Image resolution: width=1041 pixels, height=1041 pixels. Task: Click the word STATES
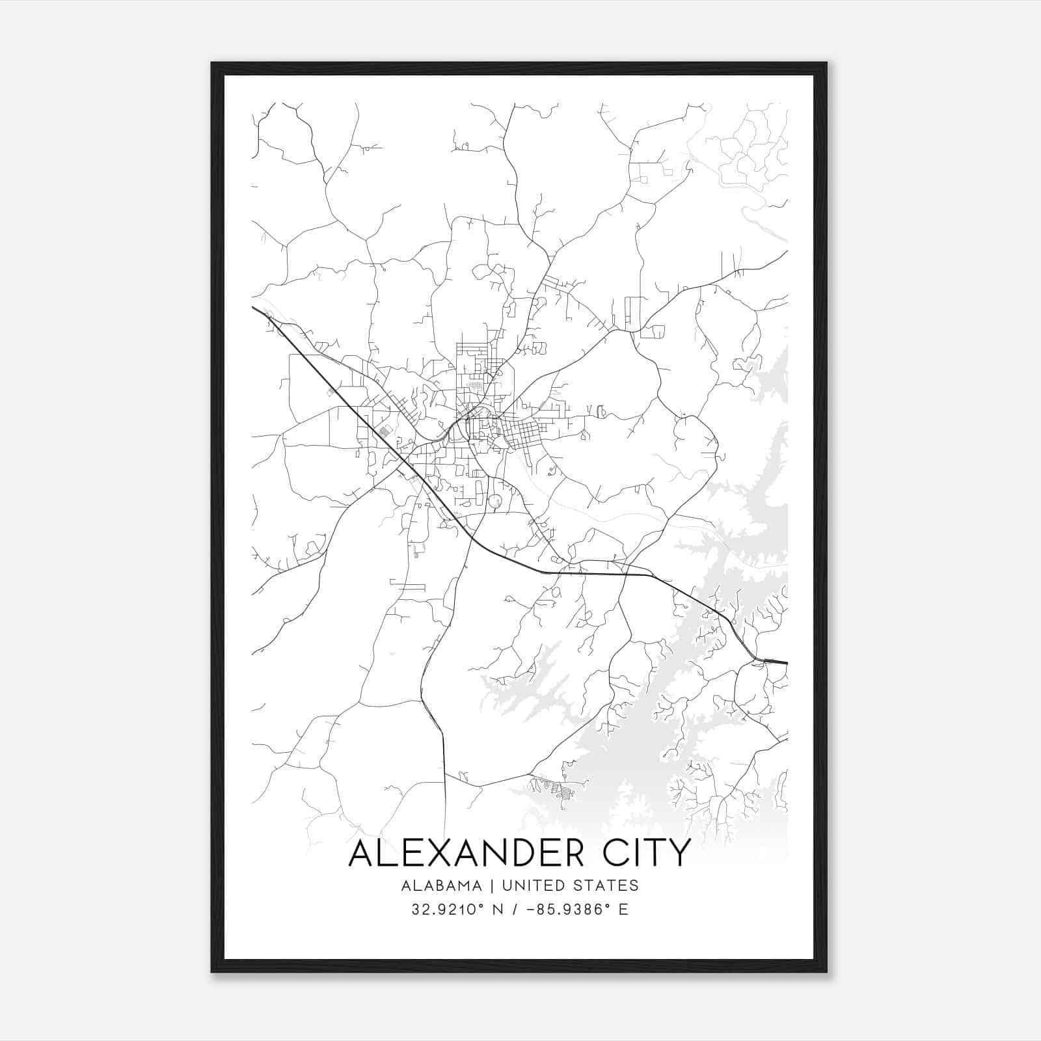(x=608, y=886)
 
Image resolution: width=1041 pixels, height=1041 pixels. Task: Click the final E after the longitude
(x=624, y=910)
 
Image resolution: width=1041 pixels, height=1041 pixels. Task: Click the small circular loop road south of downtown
(x=495, y=501)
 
